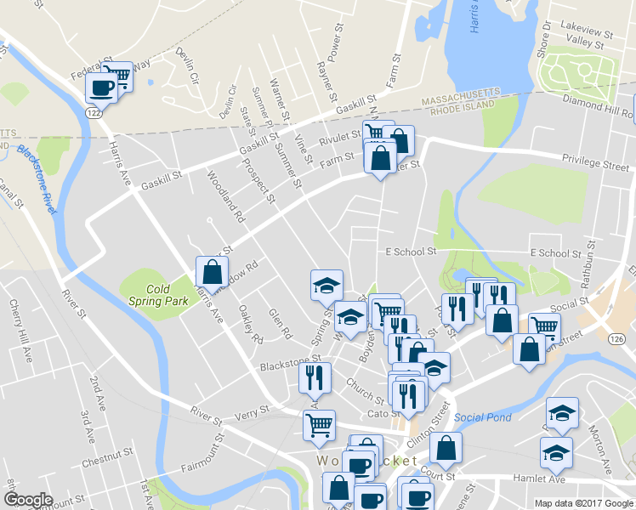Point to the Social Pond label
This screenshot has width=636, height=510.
coord(483,417)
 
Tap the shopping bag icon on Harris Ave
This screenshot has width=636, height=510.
coord(212,273)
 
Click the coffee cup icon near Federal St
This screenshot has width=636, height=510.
coord(101,88)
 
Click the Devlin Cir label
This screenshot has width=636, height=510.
coord(185,65)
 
